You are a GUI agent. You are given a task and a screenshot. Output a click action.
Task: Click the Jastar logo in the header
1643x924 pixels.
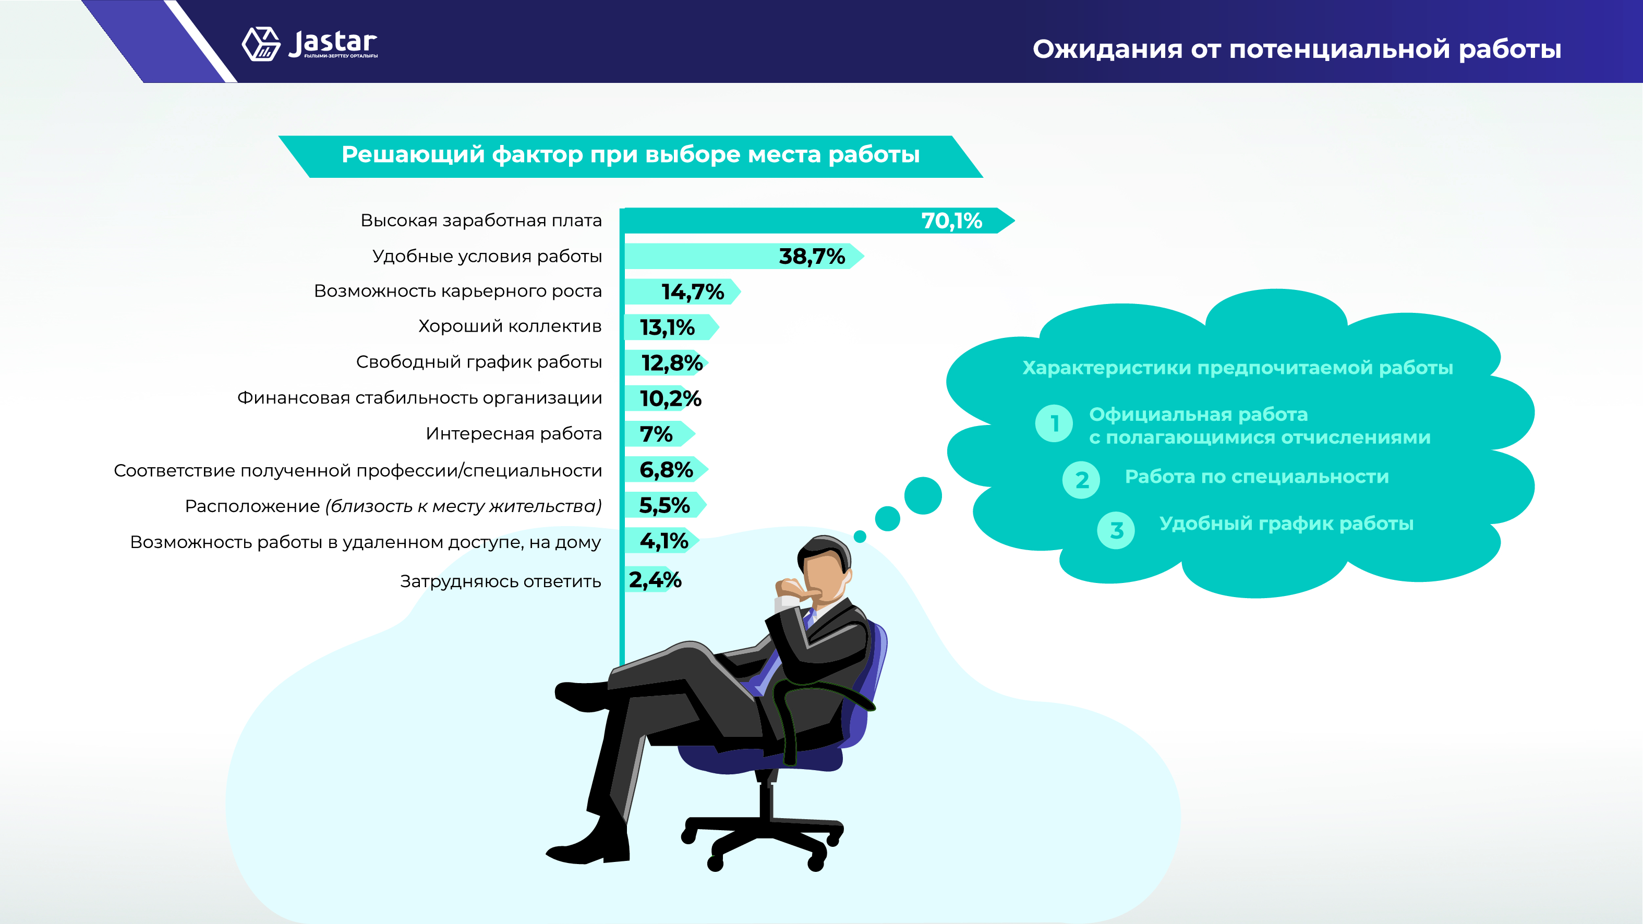(x=309, y=44)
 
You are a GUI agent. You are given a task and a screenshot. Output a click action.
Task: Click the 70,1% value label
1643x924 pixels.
(x=951, y=221)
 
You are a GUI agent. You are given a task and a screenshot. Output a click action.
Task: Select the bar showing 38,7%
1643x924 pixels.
(x=744, y=257)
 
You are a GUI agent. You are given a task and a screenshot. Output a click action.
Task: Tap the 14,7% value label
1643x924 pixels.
(x=693, y=292)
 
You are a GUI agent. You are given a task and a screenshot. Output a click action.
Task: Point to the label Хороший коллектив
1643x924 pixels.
(x=510, y=326)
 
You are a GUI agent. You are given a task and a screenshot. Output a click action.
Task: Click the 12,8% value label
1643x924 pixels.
(x=672, y=363)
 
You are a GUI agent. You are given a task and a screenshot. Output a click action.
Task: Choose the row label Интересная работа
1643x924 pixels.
(x=513, y=434)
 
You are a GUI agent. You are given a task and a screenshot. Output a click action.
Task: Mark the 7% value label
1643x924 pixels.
(x=656, y=434)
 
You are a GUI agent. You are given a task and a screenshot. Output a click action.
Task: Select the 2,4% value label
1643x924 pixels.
(x=655, y=580)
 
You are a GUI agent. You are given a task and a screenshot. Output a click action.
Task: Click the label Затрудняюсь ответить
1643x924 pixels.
(x=501, y=581)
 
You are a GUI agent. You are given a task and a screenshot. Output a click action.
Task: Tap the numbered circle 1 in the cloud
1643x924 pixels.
(x=1054, y=423)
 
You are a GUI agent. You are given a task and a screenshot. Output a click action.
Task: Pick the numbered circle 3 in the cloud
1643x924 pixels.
(x=1116, y=530)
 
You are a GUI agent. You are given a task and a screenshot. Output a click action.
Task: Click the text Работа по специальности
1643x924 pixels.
(x=1257, y=477)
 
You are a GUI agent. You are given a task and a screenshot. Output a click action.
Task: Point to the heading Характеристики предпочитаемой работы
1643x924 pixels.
(x=1237, y=368)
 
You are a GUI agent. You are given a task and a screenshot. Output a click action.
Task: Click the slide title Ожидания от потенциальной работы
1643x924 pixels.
(x=1297, y=49)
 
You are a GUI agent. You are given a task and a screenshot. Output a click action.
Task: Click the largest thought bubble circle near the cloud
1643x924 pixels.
(x=923, y=495)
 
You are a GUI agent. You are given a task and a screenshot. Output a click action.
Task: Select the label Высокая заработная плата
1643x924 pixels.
(x=481, y=221)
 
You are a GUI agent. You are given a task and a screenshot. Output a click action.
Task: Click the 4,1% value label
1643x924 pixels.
(x=664, y=541)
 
